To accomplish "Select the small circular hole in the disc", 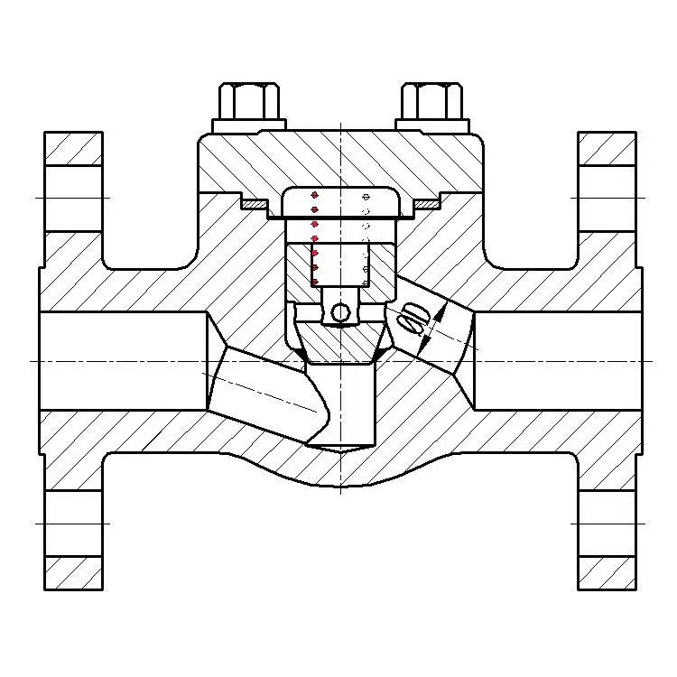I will tap(340, 312).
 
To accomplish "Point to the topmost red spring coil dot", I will tap(314, 195).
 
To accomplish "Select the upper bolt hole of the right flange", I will tap(607, 198).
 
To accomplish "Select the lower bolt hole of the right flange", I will tap(607, 523).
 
